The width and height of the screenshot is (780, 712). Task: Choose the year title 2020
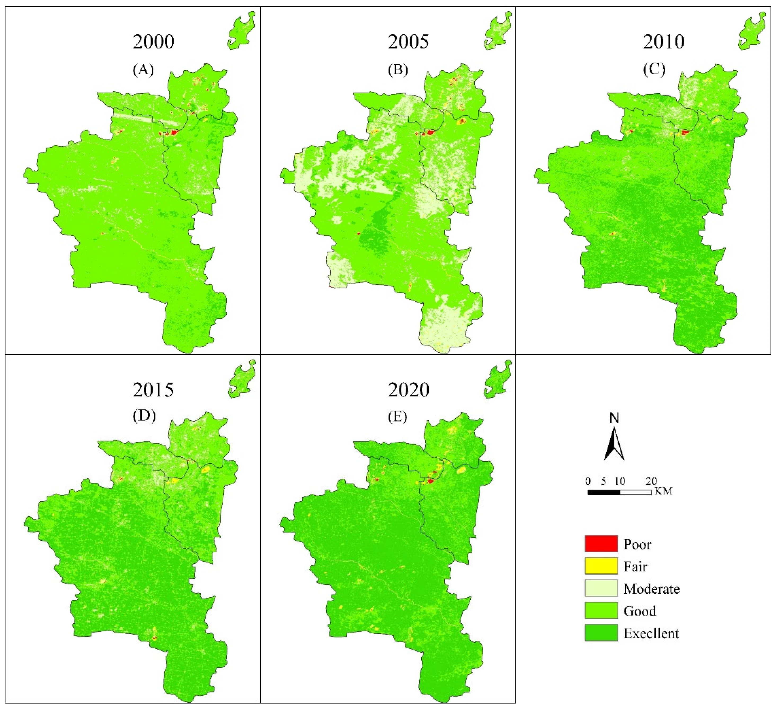coord(409,390)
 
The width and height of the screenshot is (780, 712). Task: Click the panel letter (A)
coord(143,70)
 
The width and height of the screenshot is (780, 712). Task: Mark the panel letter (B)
coord(398,70)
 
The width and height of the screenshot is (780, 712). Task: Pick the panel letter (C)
coord(654,70)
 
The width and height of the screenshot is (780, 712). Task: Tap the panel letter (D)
coord(144,416)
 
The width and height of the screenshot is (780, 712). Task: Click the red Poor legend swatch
coord(601,544)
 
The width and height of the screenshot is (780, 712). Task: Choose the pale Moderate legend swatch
coord(601,588)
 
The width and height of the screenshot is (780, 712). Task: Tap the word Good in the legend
coord(640,611)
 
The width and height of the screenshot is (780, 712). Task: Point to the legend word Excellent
coord(651,634)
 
